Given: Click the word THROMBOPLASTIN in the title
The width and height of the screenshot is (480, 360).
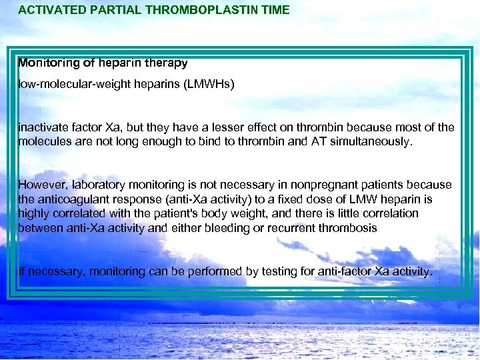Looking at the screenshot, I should (190, 10).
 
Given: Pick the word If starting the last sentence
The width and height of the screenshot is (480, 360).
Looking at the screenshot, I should (22, 271).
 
